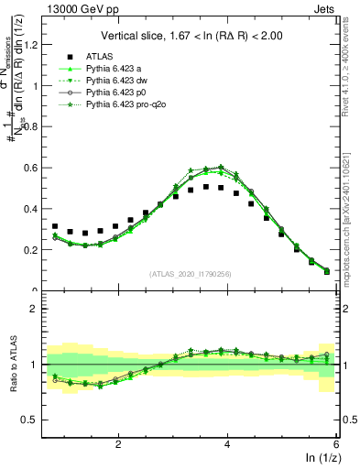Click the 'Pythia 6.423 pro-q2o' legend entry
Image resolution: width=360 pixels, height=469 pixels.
(125, 107)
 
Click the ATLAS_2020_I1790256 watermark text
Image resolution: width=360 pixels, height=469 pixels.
(191, 273)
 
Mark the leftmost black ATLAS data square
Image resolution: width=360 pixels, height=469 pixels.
(55, 226)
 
